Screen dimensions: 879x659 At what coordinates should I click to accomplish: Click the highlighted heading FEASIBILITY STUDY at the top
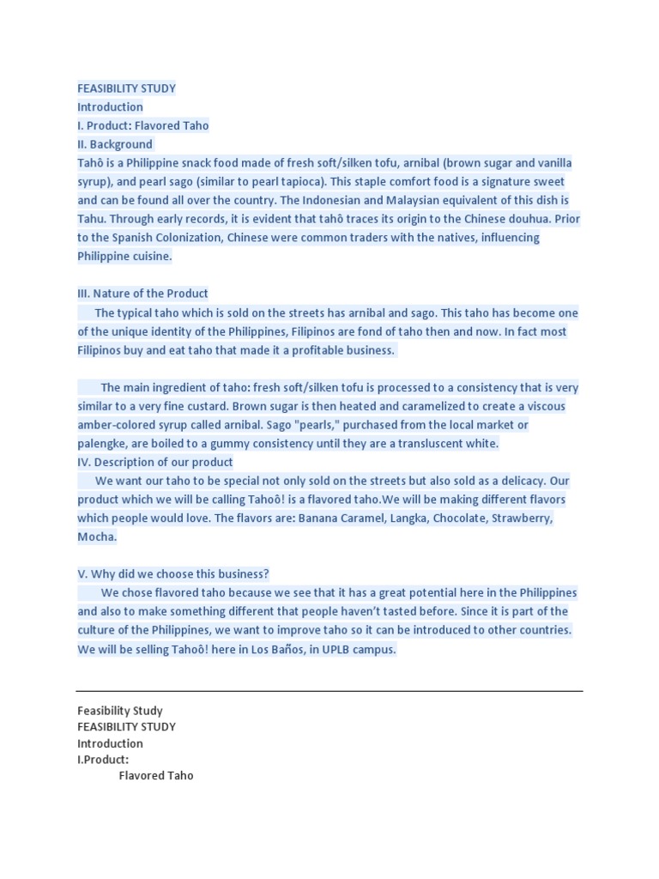(x=126, y=88)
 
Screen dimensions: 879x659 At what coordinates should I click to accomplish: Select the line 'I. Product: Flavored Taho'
(x=143, y=125)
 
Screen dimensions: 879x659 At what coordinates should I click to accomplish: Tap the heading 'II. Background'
(x=115, y=144)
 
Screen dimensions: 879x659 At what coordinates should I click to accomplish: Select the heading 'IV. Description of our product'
(x=155, y=462)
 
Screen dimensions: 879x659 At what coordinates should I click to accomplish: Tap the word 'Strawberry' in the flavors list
(x=522, y=518)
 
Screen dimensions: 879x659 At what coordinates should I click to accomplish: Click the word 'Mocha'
(x=95, y=537)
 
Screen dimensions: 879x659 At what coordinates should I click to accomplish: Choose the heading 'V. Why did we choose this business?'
(x=173, y=574)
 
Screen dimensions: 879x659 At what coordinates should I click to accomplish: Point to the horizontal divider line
(x=329, y=691)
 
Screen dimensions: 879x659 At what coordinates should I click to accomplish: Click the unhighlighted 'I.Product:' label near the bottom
(x=103, y=760)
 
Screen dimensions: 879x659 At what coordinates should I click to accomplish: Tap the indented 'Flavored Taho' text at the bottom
(x=156, y=776)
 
